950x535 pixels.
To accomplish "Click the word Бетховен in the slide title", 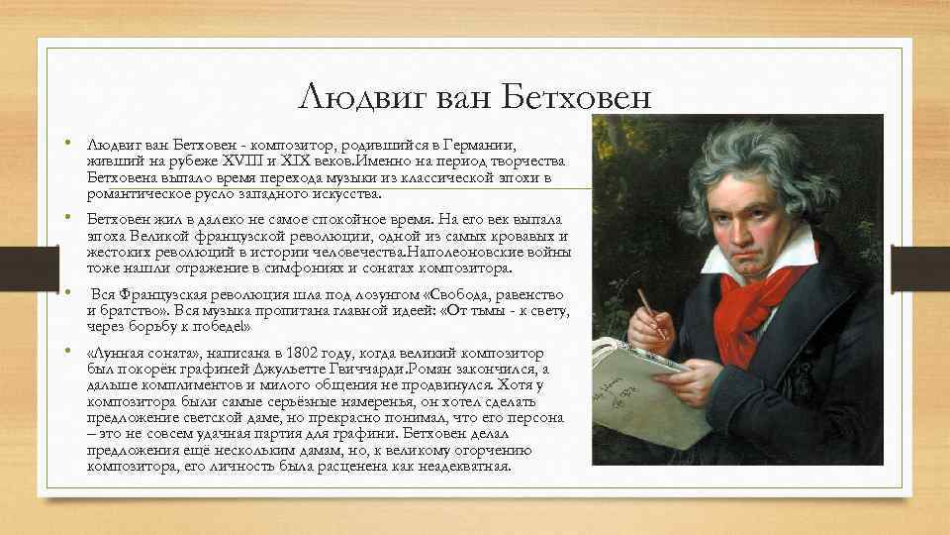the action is click(x=576, y=96).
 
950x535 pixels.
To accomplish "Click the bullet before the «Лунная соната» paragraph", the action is click(x=68, y=351).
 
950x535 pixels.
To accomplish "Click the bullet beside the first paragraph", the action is click(x=68, y=143).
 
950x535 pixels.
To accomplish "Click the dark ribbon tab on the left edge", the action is click(x=30, y=268).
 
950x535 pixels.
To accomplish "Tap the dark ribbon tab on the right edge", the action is click(x=920, y=268).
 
